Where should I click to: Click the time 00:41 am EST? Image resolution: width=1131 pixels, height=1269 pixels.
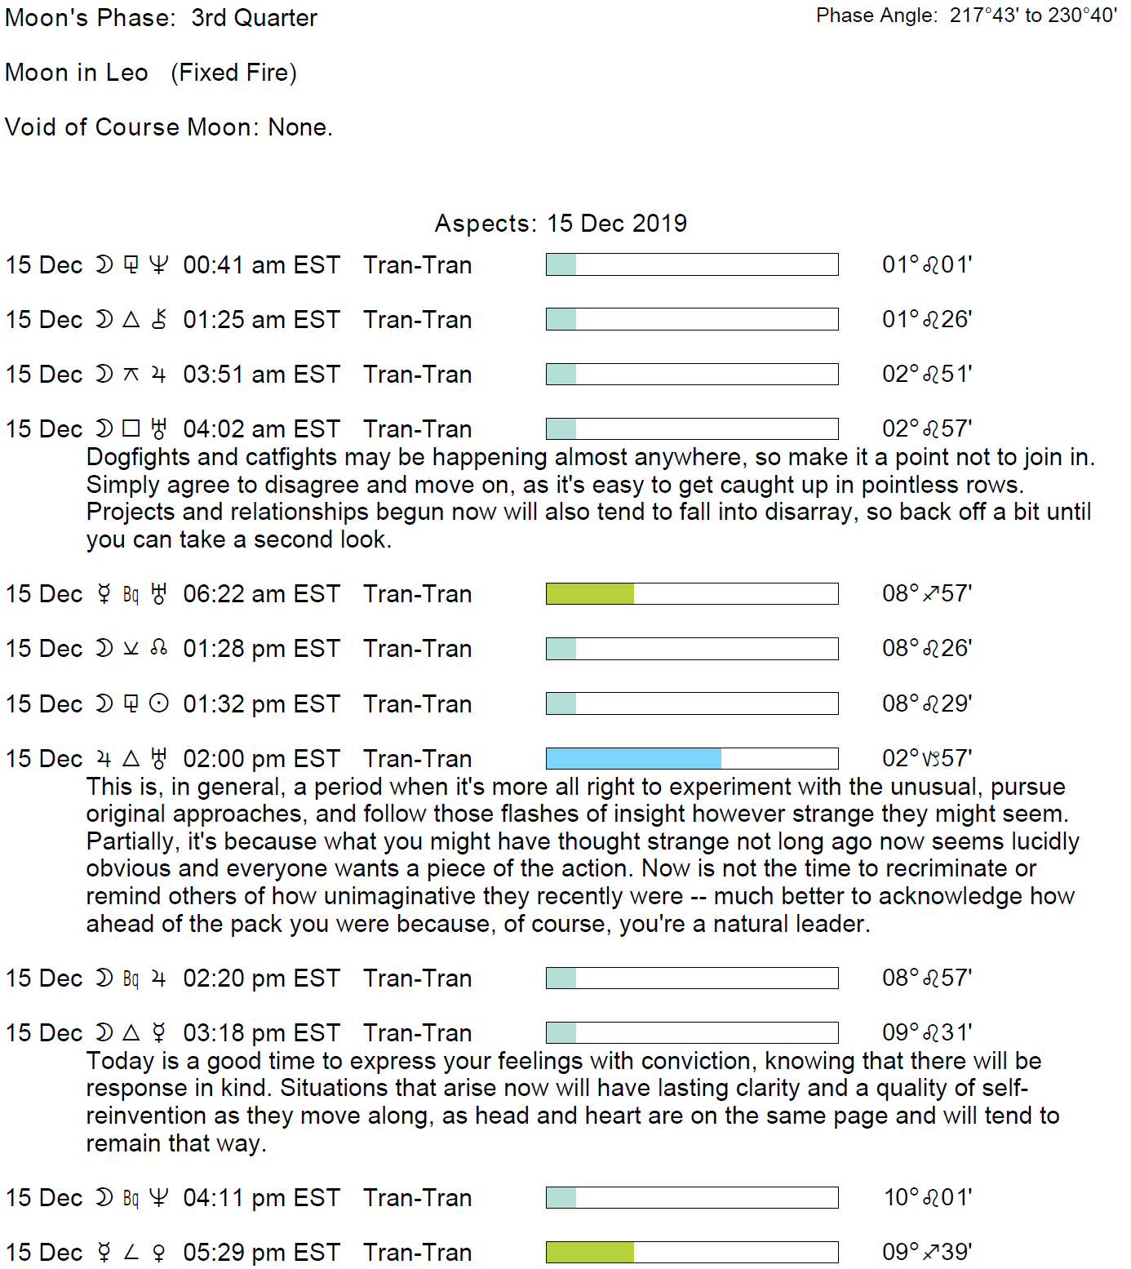pos(261,265)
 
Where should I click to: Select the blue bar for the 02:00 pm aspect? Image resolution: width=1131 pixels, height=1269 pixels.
pos(633,758)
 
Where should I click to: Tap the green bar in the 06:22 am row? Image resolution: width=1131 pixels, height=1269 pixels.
pos(590,593)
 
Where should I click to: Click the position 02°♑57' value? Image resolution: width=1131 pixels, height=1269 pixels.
pos(927,758)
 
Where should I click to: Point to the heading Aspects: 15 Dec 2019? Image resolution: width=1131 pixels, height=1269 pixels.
pos(561,223)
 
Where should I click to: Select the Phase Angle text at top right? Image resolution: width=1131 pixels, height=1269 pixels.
pos(966,16)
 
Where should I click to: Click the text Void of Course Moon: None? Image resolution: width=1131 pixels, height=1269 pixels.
pos(168,127)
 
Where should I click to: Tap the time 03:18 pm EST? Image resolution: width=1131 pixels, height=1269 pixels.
pos(261,1033)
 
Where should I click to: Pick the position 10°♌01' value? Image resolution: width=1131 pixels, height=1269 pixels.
pos(928,1197)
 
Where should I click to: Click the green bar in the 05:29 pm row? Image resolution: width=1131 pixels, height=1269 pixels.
pos(590,1252)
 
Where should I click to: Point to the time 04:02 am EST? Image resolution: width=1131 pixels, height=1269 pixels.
pos(261,429)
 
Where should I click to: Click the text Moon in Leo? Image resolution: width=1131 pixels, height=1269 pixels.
pos(77,73)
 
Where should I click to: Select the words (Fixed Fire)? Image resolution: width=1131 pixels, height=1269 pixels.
pos(233,73)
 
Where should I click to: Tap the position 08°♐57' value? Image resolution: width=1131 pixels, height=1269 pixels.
pos(927,593)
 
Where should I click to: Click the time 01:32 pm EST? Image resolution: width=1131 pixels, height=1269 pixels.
pos(261,704)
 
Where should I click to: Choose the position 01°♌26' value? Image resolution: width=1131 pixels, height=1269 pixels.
pos(927,319)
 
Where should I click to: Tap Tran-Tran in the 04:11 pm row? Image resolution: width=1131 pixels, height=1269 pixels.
pos(418,1197)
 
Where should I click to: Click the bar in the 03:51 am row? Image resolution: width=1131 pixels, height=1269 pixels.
pos(692,374)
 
